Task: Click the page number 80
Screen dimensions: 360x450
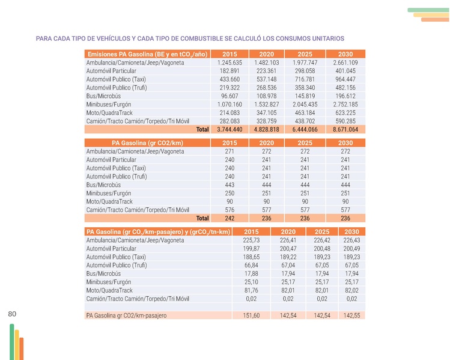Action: [12, 314]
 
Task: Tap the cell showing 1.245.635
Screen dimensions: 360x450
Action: [230, 63]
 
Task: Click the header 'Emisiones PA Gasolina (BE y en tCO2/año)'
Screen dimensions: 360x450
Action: [147, 53]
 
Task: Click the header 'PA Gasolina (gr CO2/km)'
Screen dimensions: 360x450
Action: [147, 142]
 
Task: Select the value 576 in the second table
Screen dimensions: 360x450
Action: [230, 210]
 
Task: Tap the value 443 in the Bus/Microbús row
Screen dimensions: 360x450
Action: [230, 185]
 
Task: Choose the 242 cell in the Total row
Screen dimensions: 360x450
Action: [230, 218]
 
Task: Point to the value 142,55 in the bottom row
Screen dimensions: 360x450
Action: [351, 316]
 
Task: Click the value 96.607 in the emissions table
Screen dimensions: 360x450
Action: [230, 96]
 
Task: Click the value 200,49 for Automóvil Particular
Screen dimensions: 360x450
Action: [351, 248]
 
